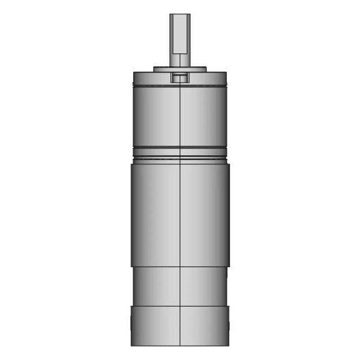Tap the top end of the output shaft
pyautogui.click(x=180, y=15)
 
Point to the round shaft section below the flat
pyautogui.click(x=180, y=61)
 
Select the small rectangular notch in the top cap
pyautogui.click(x=180, y=78)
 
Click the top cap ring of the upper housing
pyautogui.click(x=152, y=78)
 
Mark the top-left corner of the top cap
pyautogui.click(x=133, y=73)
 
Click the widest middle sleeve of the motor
pyautogui.click(x=155, y=214)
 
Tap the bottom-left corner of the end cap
pyautogui.click(x=132, y=345)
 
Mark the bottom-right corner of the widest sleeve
pyautogui.click(x=229, y=266)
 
